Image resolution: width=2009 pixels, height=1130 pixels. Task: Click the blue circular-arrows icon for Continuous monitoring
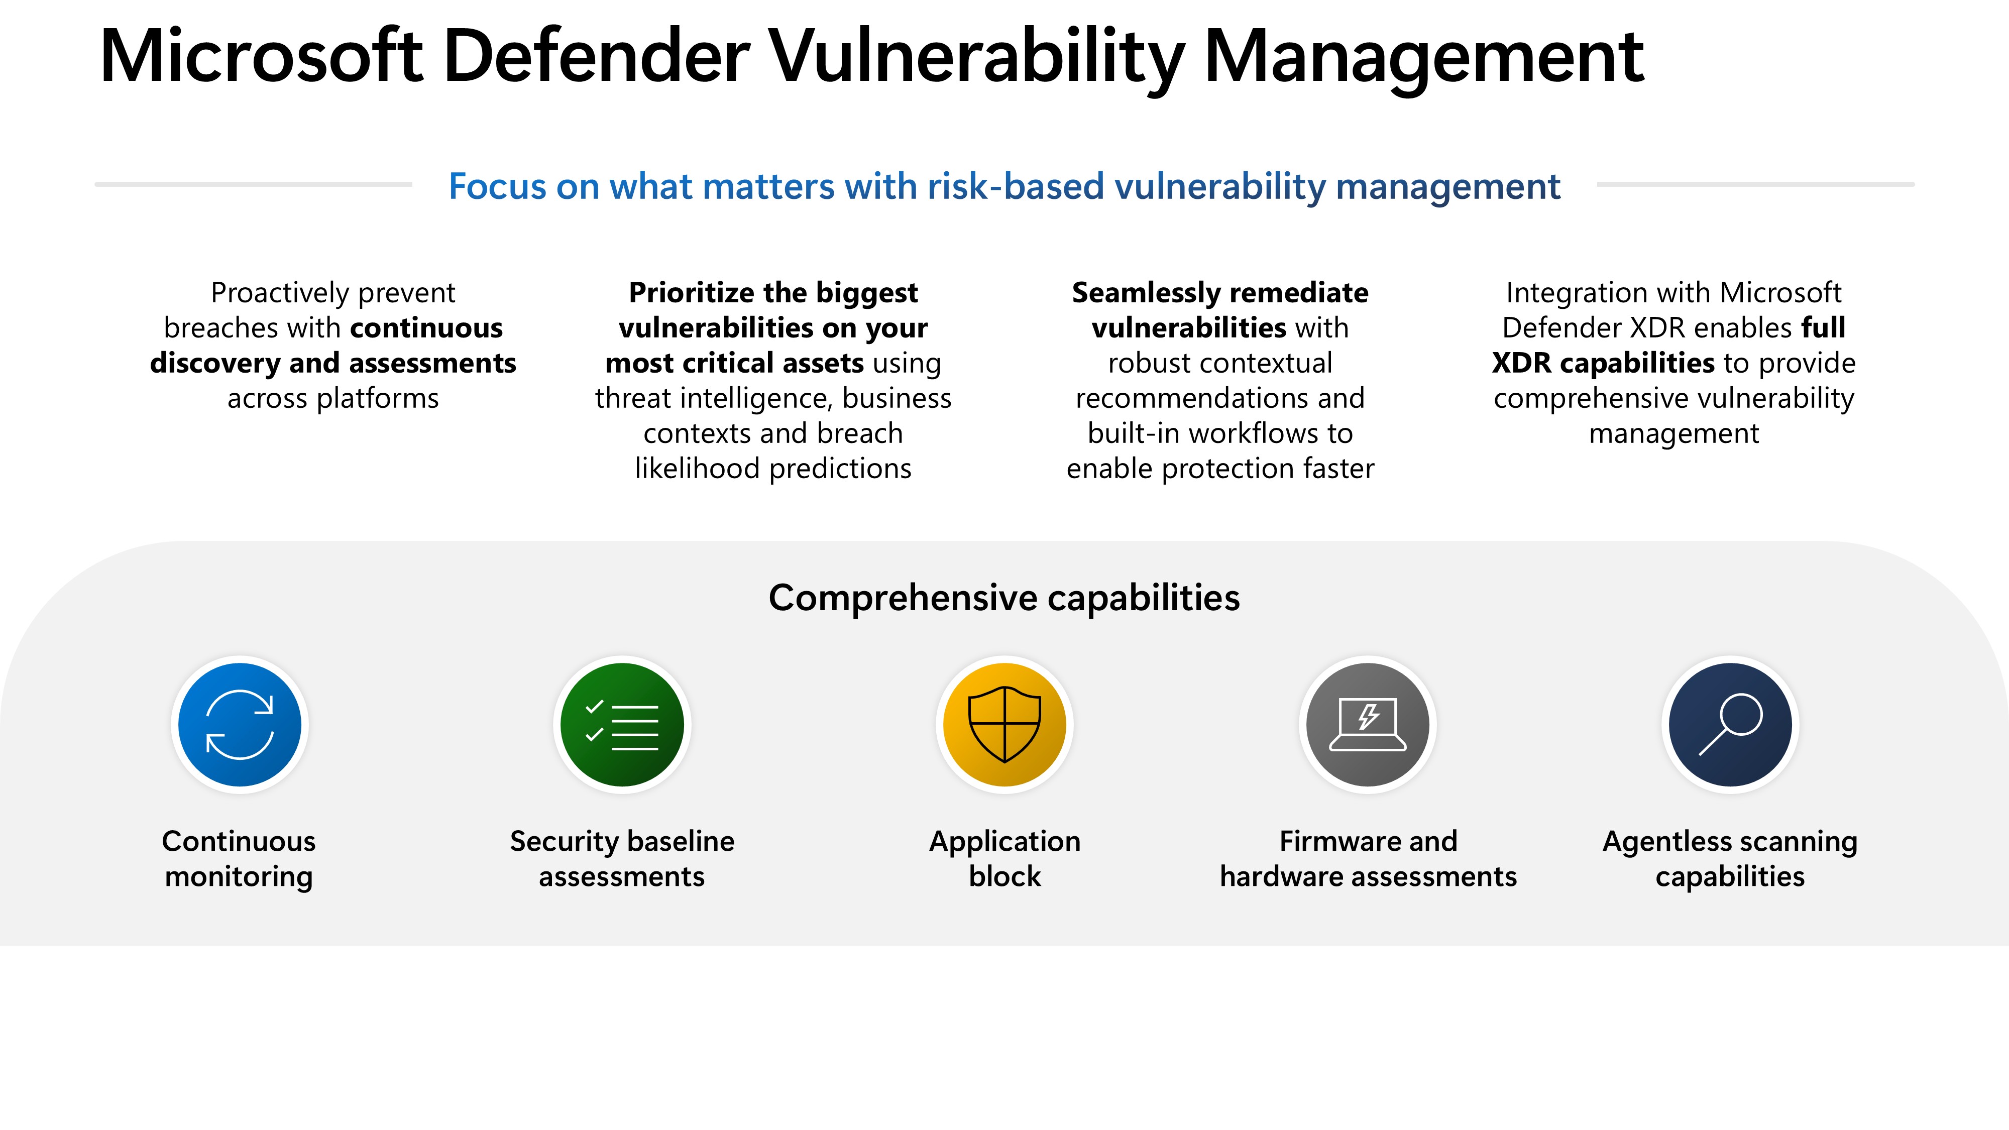(x=240, y=725)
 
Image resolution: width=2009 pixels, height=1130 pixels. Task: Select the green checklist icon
(x=622, y=725)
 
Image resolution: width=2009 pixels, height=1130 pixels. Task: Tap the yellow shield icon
(x=1004, y=725)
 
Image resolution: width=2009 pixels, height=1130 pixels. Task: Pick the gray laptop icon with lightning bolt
(x=1368, y=725)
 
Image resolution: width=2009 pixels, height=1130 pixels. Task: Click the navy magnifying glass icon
(x=1731, y=725)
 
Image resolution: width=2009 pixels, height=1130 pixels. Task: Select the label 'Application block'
(x=1004, y=859)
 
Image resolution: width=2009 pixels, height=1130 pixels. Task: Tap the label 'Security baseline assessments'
(x=622, y=859)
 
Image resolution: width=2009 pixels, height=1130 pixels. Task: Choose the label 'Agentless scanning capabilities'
(x=1731, y=859)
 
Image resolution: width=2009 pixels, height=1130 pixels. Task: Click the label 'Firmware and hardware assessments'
(x=1368, y=859)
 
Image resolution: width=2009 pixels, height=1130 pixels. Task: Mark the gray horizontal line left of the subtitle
(x=254, y=184)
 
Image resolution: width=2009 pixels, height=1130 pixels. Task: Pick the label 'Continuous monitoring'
(x=239, y=859)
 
